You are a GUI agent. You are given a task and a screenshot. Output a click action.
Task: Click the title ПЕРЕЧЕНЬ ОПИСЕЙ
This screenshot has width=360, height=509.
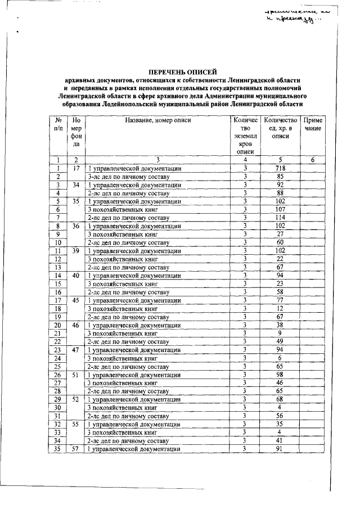[181, 72]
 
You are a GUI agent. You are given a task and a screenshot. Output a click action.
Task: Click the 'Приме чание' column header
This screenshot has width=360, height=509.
[313, 124]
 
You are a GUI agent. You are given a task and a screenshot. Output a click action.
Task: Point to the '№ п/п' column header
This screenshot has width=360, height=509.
[58, 124]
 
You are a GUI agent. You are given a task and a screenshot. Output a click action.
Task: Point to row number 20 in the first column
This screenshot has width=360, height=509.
[58, 325]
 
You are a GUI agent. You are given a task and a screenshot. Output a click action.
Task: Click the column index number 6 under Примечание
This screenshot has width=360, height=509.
[313, 160]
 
